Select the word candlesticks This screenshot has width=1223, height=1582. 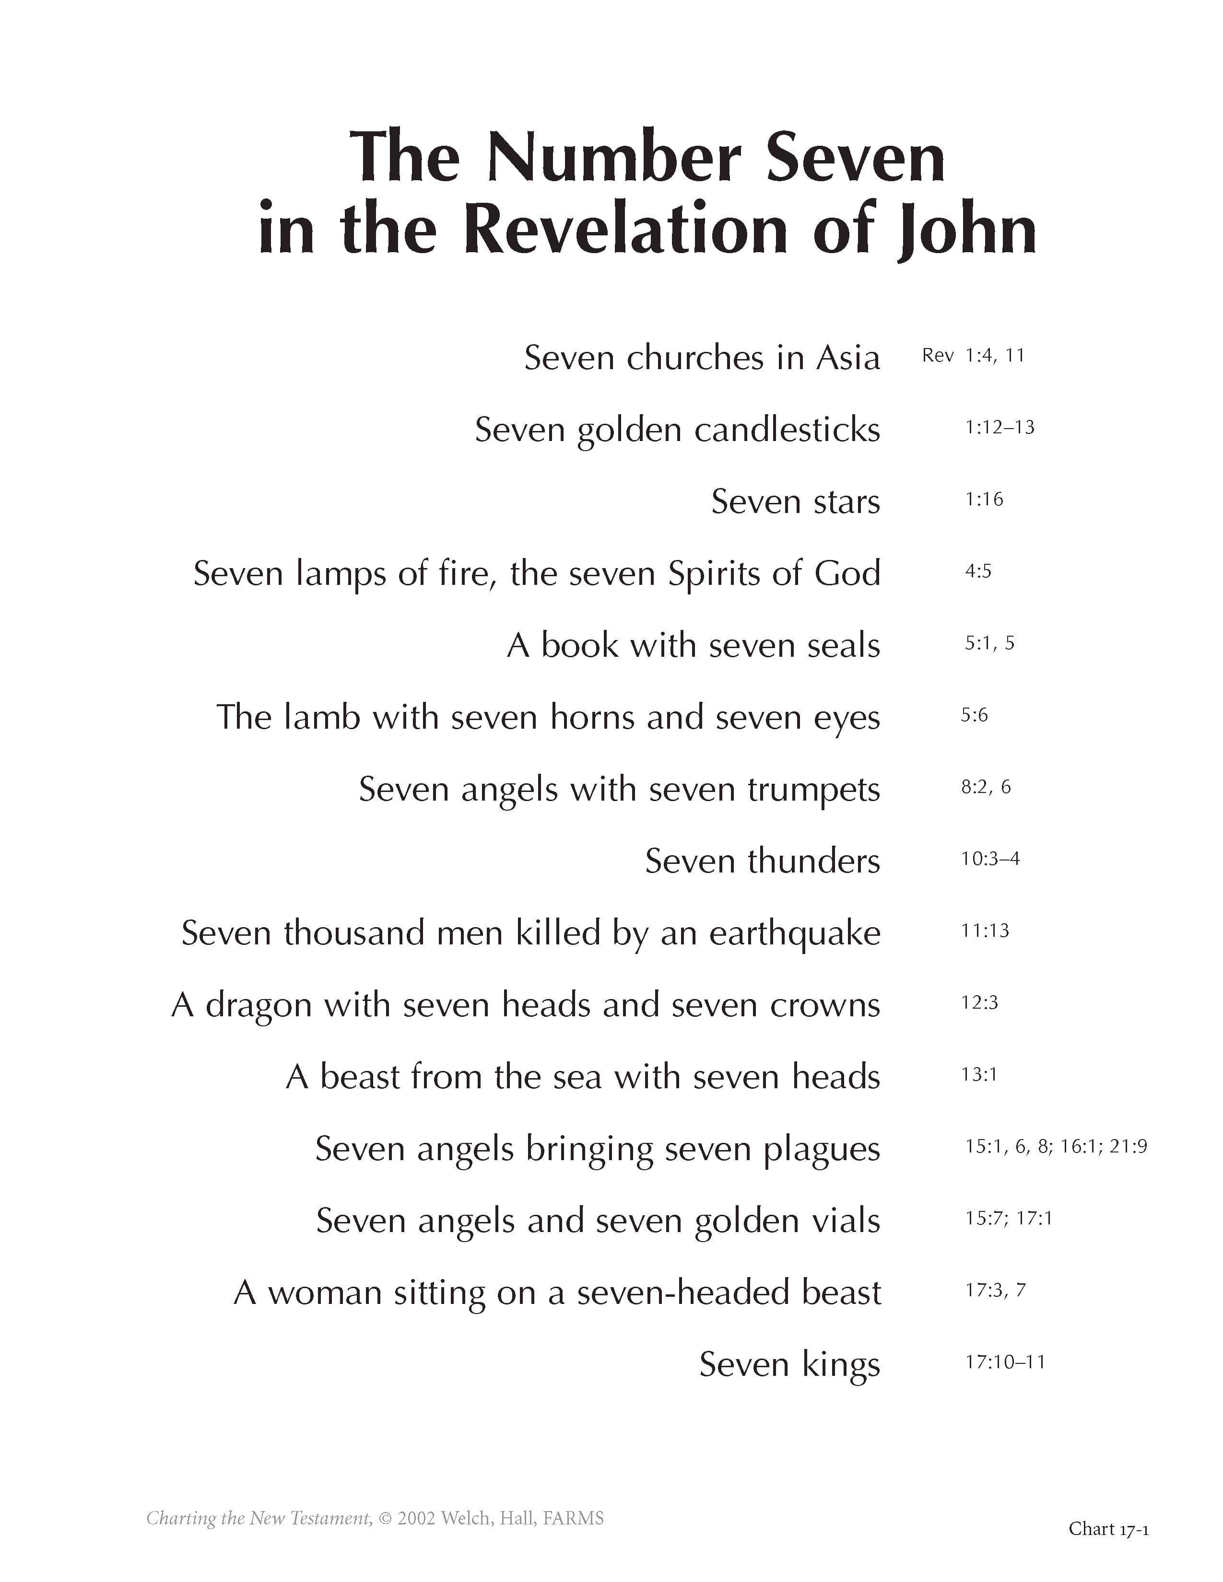(x=787, y=430)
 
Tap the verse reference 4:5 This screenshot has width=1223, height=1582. (x=977, y=571)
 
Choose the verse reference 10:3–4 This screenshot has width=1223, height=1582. (x=990, y=859)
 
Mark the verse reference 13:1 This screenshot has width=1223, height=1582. (x=979, y=1074)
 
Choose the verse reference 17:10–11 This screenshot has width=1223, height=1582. (x=1005, y=1362)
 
